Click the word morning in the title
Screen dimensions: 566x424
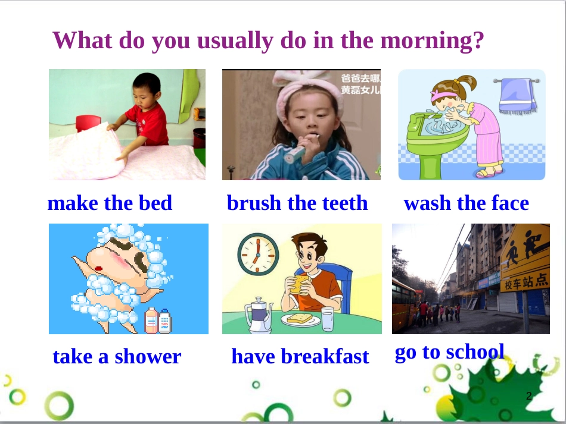pos(432,41)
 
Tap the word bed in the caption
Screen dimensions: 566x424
pos(156,203)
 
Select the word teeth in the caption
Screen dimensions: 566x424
pos(345,203)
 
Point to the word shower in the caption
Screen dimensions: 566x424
pos(148,357)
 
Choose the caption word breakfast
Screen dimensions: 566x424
pos(325,356)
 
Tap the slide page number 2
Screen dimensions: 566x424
pos(529,396)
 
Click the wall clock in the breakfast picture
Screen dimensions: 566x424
pos(258,255)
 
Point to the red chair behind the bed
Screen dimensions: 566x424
pos(88,123)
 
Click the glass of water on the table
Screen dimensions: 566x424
pos(328,319)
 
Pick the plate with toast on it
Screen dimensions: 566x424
pos(301,320)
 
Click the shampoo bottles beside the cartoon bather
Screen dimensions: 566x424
pos(158,321)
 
